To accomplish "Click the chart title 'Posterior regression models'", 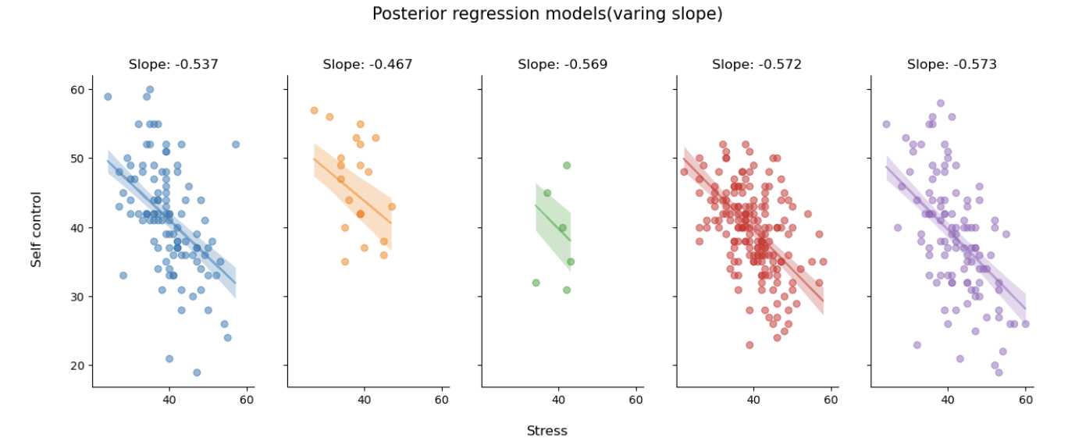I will point(546,14).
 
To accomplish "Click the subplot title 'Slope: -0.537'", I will point(173,65).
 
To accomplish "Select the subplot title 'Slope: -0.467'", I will point(367,65).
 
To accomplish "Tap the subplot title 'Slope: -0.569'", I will point(562,65).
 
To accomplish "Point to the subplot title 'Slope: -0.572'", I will point(756,65).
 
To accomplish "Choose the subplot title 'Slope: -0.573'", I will point(952,65).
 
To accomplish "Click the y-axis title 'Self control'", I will point(37,230).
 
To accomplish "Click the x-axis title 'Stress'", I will point(546,431).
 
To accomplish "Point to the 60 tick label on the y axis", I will point(77,90).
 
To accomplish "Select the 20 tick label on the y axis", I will point(77,365).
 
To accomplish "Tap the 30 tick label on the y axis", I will point(77,297).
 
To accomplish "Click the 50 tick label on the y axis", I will point(77,158).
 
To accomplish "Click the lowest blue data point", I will point(197,372).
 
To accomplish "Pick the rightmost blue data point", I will point(236,144).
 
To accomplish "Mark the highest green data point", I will point(567,166).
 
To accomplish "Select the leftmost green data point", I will point(536,283).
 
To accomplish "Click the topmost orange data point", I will point(314,111).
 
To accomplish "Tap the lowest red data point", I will point(749,345).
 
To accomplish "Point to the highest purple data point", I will point(941,103).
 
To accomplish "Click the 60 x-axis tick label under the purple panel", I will point(1026,400).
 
